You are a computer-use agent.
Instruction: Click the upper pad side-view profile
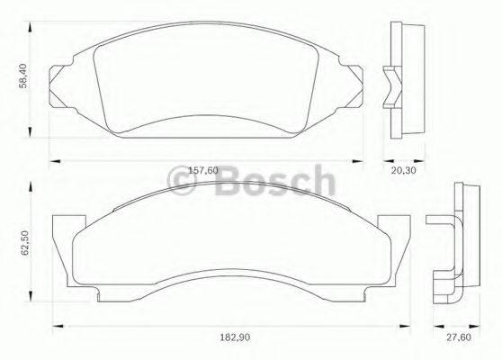(x=404, y=81)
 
